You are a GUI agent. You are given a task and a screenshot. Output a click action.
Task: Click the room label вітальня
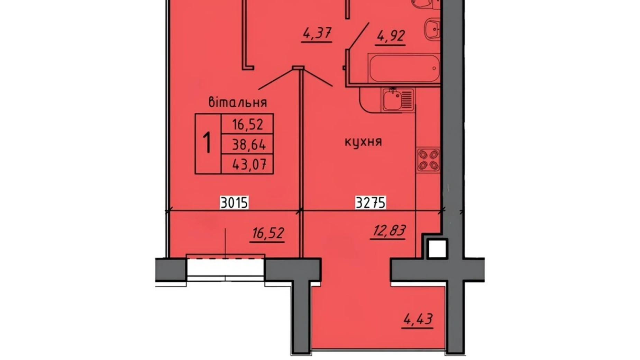coord(238,102)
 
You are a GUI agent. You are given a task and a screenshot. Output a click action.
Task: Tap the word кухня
coord(363,142)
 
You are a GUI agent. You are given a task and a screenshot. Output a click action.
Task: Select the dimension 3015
coord(234,203)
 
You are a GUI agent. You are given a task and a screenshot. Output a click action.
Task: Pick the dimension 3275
coord(371,203)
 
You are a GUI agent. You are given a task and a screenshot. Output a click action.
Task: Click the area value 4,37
coord(317,34)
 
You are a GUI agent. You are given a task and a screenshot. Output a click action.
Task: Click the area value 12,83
coord(388,231)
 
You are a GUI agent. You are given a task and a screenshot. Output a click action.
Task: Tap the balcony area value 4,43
coord(418,319)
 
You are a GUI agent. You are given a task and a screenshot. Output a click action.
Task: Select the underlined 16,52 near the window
coord(267,233)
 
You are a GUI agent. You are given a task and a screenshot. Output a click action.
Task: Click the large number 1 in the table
coord(208,143)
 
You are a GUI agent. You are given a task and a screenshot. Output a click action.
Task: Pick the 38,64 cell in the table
coord(248,144)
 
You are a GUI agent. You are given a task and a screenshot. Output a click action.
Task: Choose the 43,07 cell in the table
coord(248,164)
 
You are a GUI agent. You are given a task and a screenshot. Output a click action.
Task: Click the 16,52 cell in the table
coord(248,124)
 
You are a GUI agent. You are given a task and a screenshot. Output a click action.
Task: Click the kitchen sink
coord(394,99)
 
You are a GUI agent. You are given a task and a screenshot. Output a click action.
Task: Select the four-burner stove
coord(428,160)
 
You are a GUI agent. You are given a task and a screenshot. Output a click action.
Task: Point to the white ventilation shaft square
coord(437,249)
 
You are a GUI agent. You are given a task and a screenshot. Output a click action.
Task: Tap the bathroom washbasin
coord(431,28)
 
